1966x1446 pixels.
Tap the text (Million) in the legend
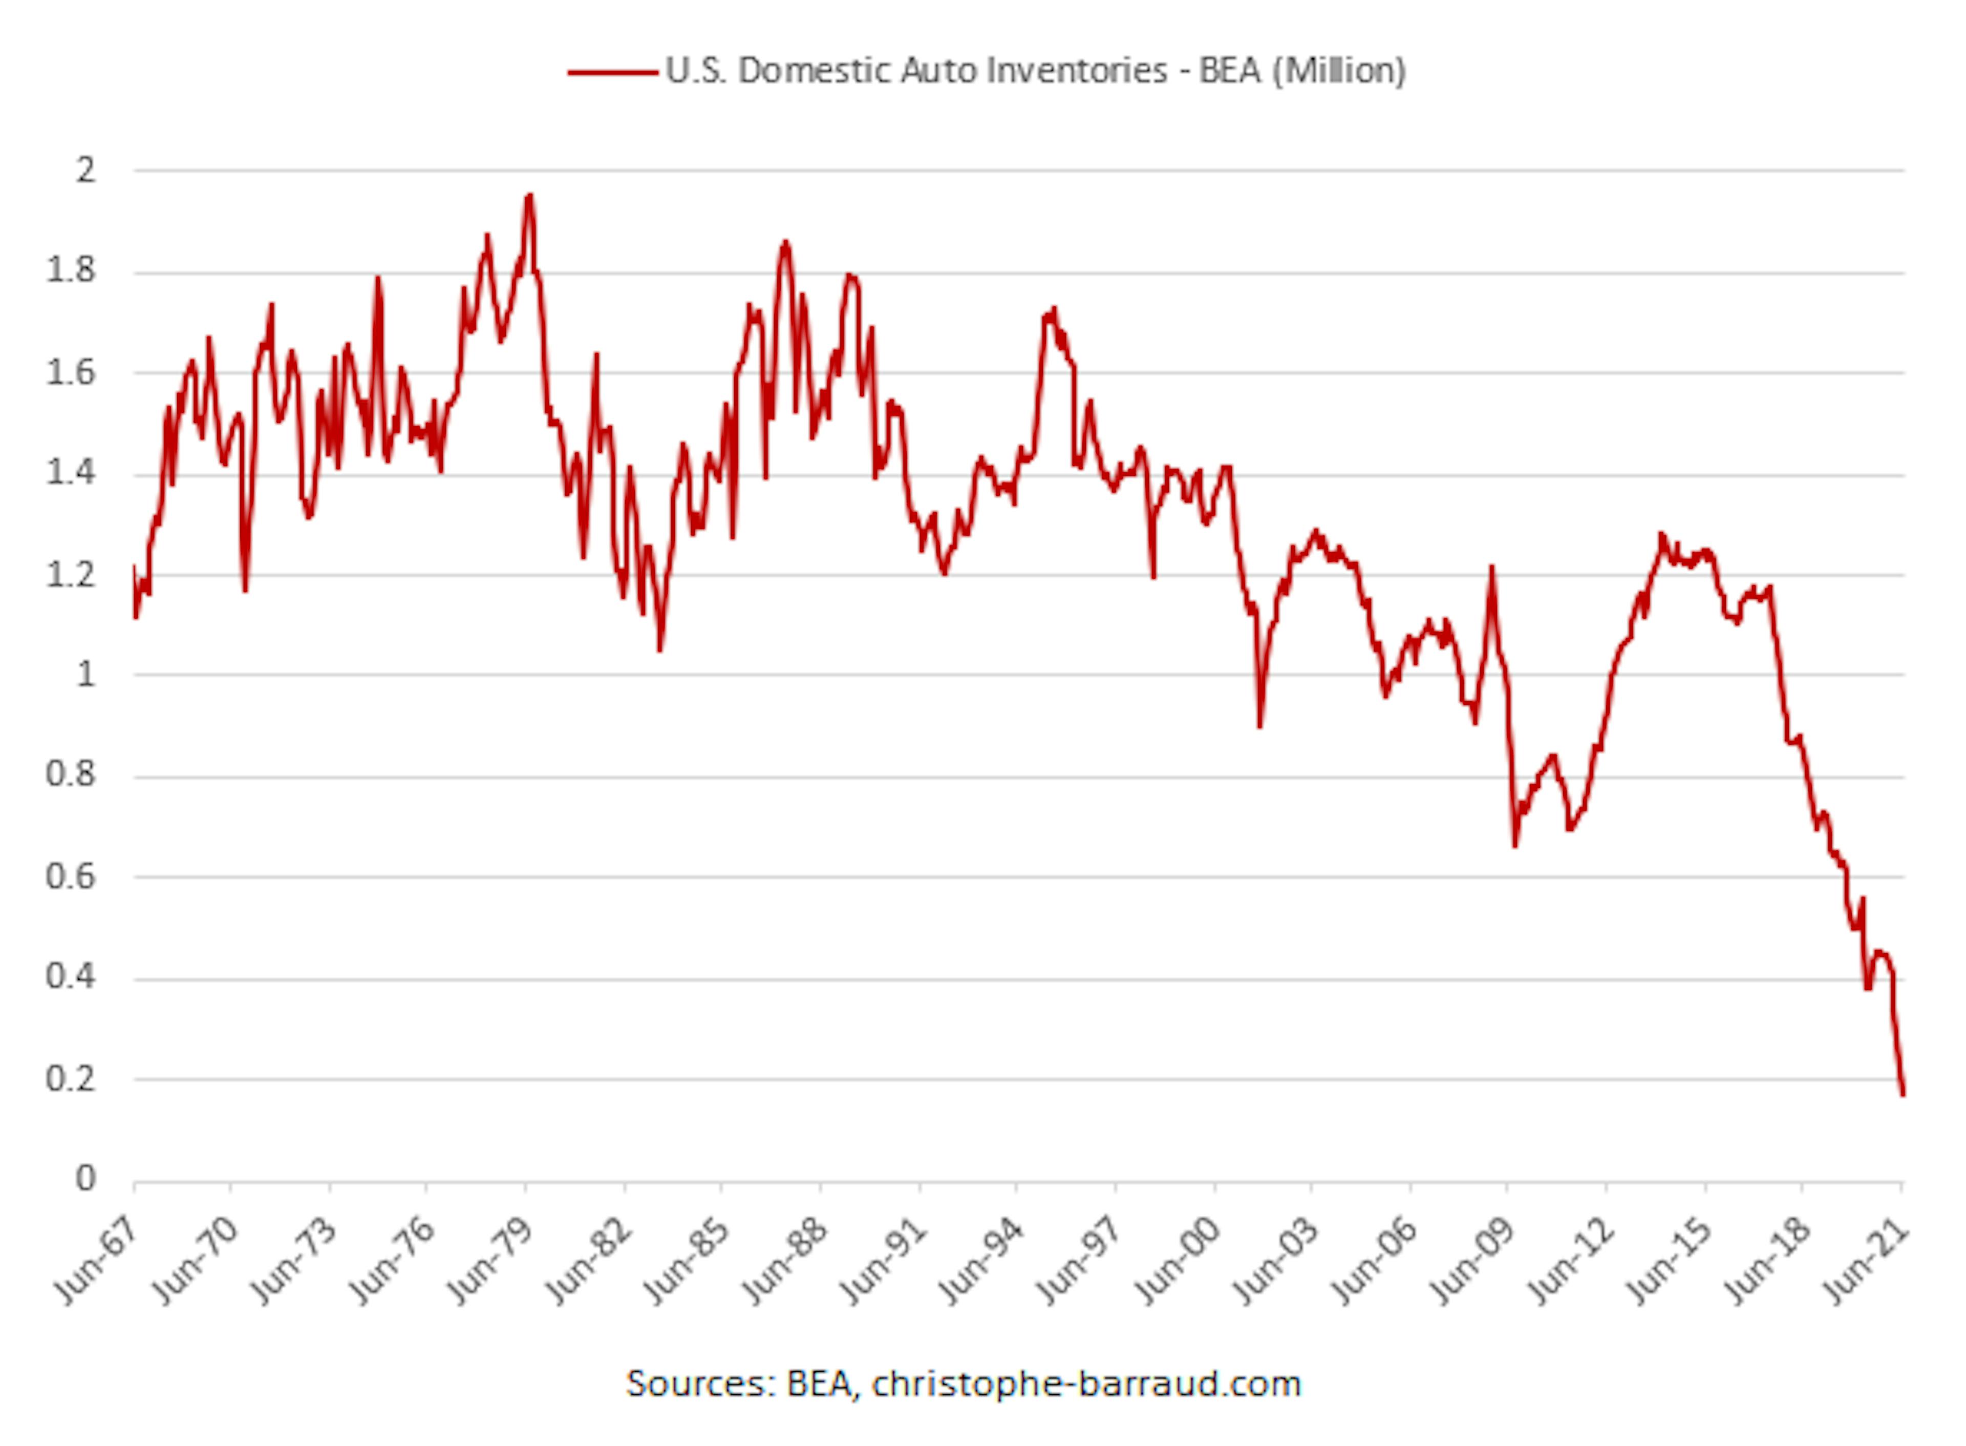point(1339,71)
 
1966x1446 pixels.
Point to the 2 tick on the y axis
point(86,170)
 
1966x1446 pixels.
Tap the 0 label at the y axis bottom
point(86,1179)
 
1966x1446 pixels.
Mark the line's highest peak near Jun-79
point(528,197)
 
